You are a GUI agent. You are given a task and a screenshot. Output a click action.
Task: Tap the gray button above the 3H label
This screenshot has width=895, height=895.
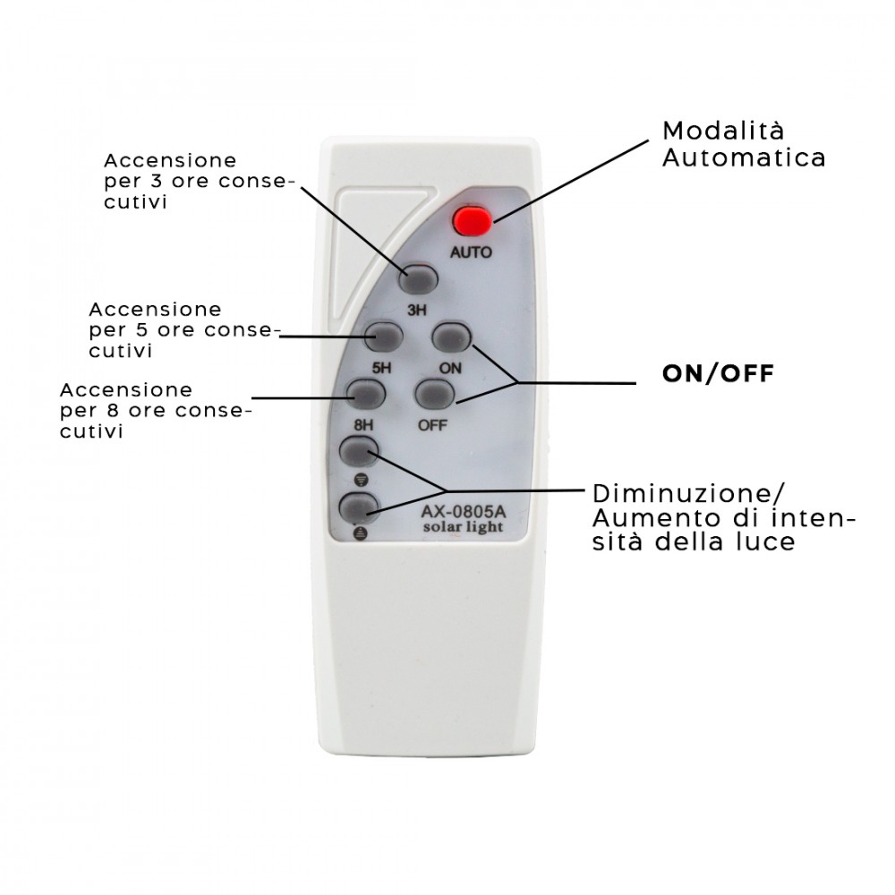click(x=418, y=279)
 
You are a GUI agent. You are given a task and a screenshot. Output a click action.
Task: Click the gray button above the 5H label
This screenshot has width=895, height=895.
click(x=384, y=337)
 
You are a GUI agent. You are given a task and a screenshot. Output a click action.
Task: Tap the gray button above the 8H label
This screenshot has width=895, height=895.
click(x=366, y=393)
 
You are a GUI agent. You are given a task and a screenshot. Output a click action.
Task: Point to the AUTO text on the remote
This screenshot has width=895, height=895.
click(x=471, y=252)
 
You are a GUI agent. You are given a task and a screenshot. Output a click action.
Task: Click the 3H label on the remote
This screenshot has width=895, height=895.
click(x=417, y=310)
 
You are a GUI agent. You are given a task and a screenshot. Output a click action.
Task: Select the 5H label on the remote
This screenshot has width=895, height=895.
click(x=382, y=368)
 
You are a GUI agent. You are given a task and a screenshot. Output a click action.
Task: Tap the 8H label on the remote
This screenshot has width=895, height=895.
click(x=363, y=425)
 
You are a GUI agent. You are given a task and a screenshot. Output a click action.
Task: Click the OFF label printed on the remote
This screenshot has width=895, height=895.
click(x=432, y=425)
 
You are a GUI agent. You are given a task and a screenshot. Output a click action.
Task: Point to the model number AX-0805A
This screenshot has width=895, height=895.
click(x=463, y=511)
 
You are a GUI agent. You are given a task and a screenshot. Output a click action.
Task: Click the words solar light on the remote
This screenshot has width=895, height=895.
click(x=463, y=527)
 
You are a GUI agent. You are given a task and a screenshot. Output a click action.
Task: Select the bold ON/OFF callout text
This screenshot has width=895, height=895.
click(x=718, y=374)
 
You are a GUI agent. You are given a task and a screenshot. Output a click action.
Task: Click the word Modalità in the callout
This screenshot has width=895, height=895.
click(x=723, y=131)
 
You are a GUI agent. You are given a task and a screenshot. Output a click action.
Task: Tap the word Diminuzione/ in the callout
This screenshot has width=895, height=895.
click(x=688, y=494)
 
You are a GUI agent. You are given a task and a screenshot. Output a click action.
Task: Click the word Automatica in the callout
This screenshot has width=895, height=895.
click(x=744, y=158)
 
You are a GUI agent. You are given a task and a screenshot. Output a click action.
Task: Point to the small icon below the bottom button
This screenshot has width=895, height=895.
click(x=361, y=533)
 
